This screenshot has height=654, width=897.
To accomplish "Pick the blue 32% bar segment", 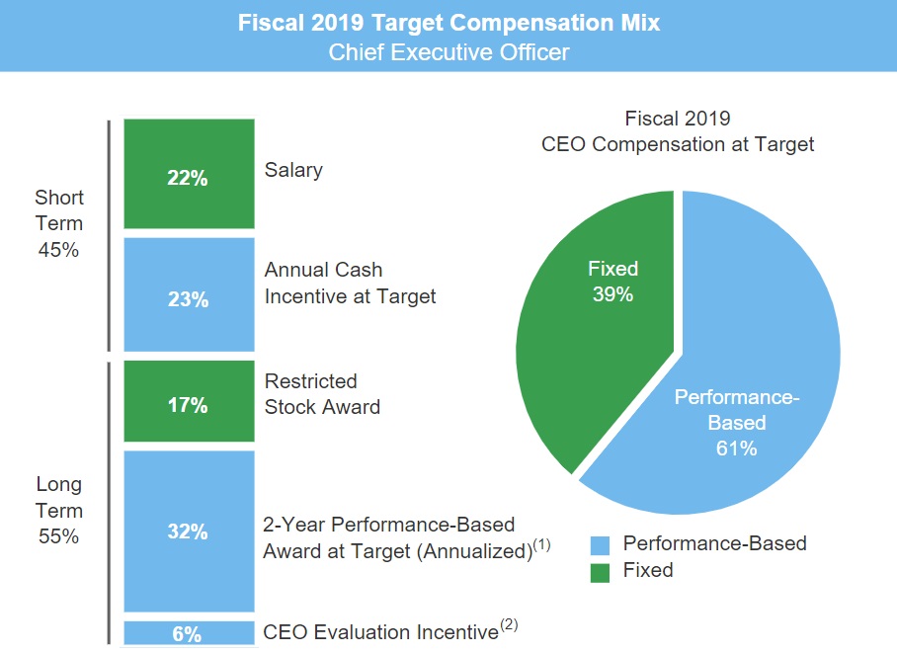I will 187,531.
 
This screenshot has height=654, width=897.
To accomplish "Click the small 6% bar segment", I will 187,633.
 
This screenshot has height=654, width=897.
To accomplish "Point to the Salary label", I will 293,170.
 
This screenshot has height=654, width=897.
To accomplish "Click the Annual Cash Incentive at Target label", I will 350,283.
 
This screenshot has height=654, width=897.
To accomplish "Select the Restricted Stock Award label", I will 322,393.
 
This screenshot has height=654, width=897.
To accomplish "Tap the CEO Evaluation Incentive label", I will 380,632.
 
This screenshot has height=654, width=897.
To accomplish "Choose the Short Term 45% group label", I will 59,223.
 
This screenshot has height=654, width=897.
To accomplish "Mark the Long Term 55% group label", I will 59,511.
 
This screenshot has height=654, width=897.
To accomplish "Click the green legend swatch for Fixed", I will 601,571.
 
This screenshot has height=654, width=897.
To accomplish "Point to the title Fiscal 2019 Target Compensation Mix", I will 448,22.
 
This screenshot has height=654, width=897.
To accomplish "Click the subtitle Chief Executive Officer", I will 448,51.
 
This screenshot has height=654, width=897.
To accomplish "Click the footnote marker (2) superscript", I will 508,624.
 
